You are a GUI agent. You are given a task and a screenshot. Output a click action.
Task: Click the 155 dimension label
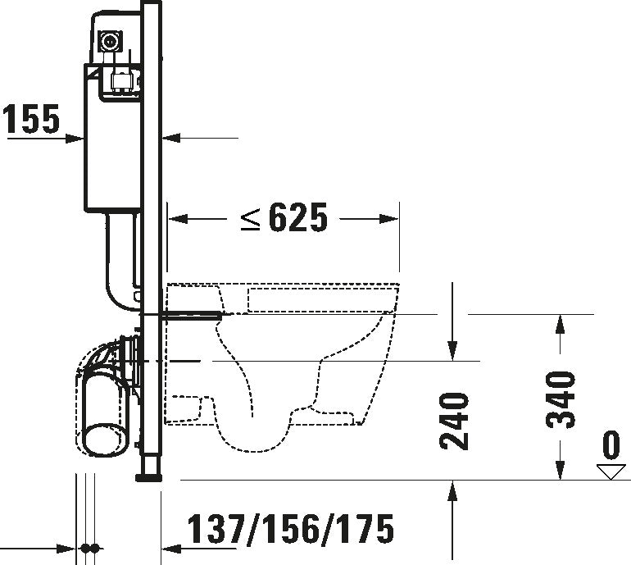coord(31,118)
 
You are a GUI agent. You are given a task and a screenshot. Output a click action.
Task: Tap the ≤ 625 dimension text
coord(284,217)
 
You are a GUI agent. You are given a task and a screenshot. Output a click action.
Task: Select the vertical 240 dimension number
coord(454,421)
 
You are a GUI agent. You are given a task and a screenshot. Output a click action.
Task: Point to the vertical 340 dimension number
coord(561,399)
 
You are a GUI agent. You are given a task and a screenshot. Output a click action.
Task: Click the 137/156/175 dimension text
coord(291,529)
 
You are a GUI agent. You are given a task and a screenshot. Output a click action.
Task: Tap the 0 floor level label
coord(611,445)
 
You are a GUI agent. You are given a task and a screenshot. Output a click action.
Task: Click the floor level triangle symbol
coord(611,472)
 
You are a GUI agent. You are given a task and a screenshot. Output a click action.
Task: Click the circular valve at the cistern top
coord(109,42)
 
